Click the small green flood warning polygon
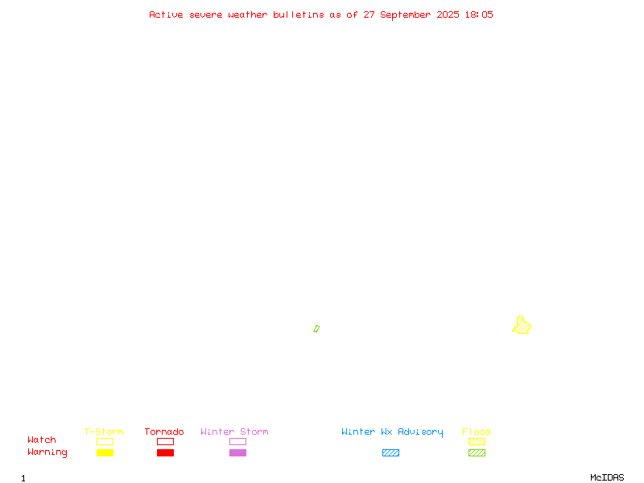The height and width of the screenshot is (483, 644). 316,328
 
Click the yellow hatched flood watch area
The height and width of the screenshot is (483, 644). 522,326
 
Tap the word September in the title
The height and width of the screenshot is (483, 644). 405,14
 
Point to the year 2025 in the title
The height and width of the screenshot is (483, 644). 448,14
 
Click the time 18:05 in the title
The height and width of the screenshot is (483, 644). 479,14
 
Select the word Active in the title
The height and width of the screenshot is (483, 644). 166,14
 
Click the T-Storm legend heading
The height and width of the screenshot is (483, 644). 104,431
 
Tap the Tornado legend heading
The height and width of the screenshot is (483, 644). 164,431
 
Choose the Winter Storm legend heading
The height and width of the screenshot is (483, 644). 234,431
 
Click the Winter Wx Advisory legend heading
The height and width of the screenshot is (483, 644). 392,432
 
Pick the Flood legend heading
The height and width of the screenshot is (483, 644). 477,431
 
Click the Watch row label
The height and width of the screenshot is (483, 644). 42,440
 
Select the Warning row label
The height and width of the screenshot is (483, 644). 47,452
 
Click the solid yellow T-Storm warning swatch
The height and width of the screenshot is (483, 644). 105,452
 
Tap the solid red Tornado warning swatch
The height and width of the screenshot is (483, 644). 166,452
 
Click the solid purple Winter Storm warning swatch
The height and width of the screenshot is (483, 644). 237,452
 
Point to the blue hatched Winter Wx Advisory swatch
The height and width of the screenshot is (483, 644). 390,452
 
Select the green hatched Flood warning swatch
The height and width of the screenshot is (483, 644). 477,452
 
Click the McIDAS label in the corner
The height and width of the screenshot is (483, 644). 607,477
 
